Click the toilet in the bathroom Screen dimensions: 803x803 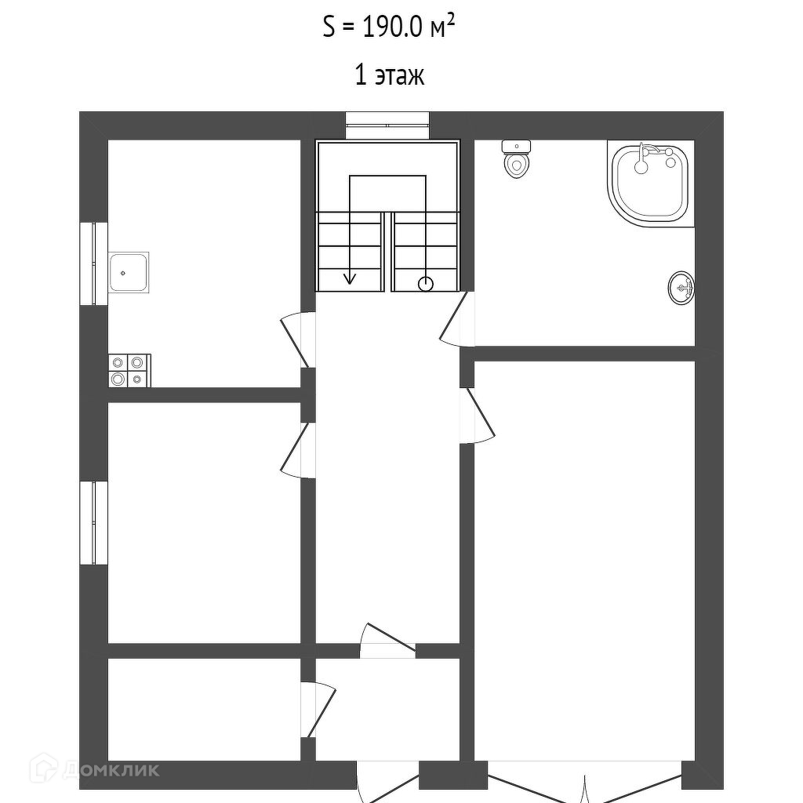point(516,160)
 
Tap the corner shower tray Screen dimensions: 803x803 point(649,183)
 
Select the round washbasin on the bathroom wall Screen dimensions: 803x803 point(681,288)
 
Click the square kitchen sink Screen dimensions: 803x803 point(128,273)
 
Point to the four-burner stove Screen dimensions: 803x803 point(129,370)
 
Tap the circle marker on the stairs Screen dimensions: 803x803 point(426,283)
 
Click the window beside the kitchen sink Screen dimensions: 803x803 point(93,263)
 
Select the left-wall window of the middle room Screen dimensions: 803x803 point(93,522)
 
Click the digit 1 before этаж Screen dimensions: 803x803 point(361,77)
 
